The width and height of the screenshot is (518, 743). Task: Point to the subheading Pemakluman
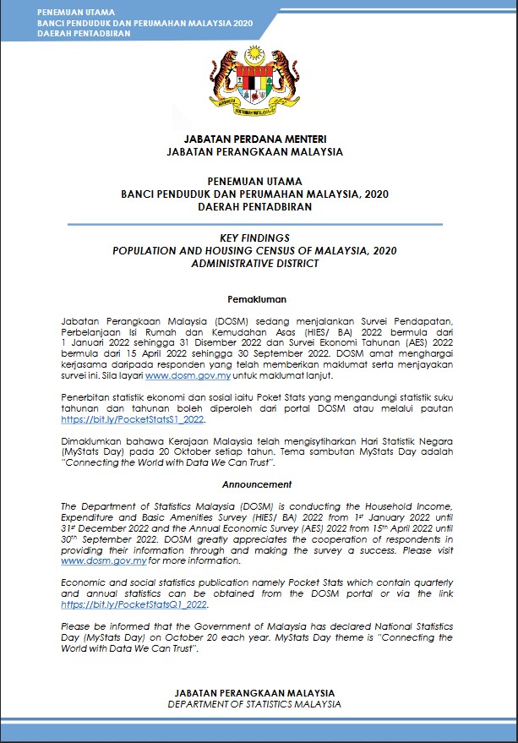[258, 298]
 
